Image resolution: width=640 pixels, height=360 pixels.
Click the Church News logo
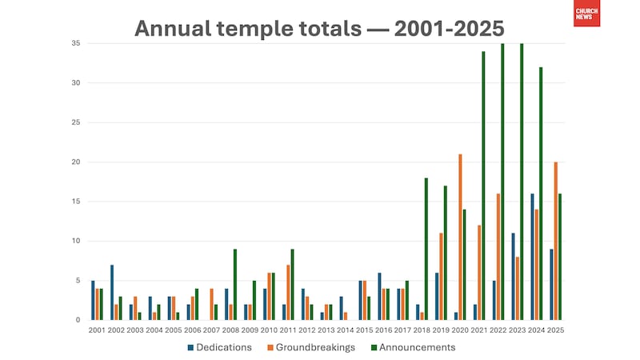pos(586,14)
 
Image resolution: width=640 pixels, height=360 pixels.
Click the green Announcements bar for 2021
pos(483,186)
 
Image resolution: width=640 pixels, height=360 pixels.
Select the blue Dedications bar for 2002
pos(112,292)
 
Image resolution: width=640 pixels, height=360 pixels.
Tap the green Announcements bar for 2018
pos(426,249)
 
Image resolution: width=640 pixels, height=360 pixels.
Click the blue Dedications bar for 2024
pos(531,257)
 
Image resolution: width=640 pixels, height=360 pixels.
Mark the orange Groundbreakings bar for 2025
pos(555,241)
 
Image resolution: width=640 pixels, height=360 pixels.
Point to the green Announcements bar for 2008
pos(235,284)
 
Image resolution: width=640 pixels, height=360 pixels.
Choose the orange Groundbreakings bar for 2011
pos(289,292)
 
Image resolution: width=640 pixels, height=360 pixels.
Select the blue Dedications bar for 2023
pos(513,276)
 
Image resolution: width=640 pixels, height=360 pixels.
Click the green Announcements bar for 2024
pos(541,194)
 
